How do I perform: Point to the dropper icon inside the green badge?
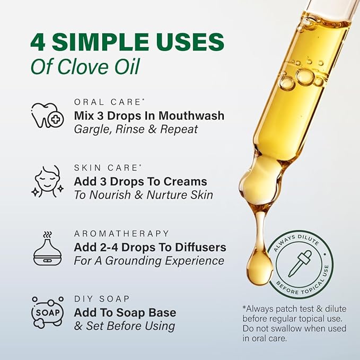click(300, 262)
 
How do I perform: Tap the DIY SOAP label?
click(101, 299)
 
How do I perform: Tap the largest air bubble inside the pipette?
click(305, 76)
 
